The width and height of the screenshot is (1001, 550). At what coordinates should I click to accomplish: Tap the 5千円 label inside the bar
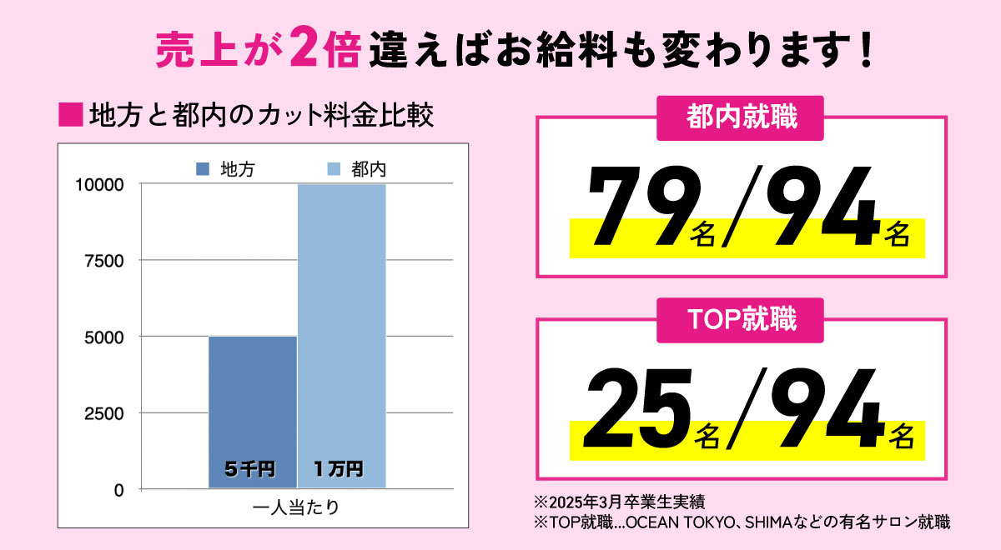coord(250,469)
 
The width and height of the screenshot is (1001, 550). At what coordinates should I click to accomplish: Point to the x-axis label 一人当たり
coord(296,507)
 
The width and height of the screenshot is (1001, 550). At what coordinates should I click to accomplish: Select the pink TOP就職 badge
coord(742,320)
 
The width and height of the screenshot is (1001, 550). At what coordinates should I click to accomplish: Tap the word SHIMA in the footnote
coord(772,523)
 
